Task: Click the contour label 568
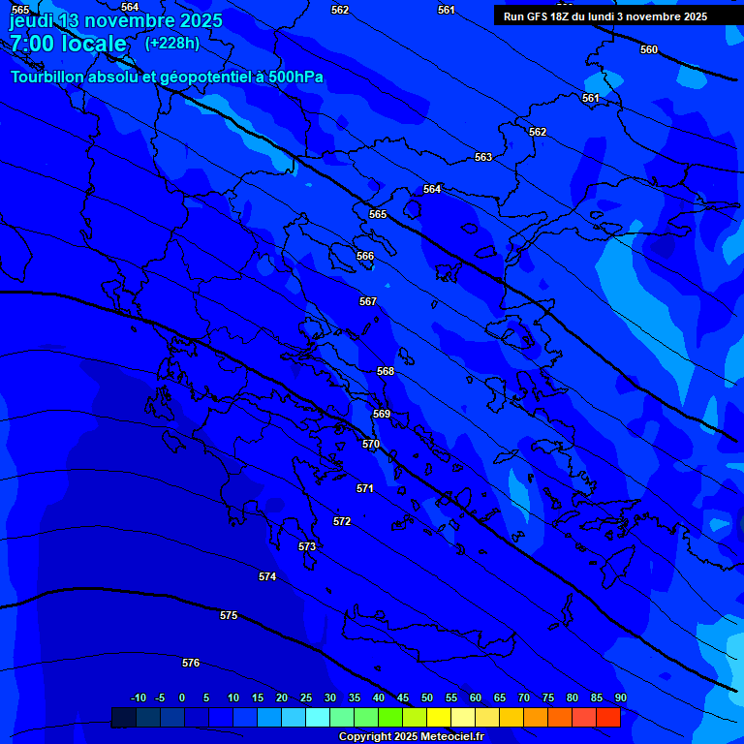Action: pos(386,371)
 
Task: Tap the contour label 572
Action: pos(342,521)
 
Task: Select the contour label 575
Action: pos(229,615)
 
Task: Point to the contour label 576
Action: pos(191,663)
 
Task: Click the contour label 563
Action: pos(483,157)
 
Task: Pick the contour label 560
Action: pos(649,49)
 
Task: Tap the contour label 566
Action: pos(365,256)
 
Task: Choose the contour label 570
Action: pos(371,444)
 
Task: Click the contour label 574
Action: pos(267,576)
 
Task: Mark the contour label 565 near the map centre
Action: pos(378,214)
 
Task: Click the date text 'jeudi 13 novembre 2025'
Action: pos(115,20)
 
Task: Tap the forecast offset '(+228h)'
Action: pos(172,43)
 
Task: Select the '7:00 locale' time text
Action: pos(68,44)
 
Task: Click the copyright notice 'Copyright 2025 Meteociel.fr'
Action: pos(411,737)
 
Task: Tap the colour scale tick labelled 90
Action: pos(620,697)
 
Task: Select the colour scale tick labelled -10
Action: pos(139,697)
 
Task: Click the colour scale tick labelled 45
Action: pos(402,697)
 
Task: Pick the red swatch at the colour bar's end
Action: pos(608,718)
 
